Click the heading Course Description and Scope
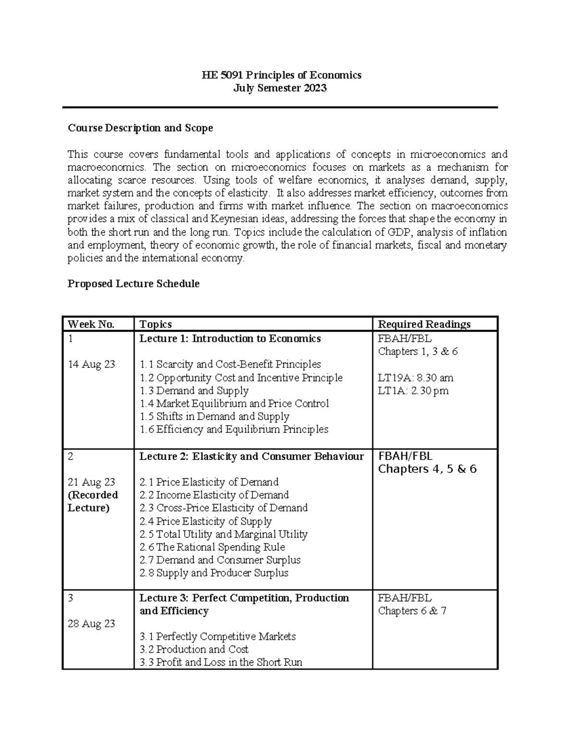(140, 128)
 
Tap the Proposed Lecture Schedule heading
(133, 284)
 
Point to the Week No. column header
(91, 324)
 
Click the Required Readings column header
(424, 324)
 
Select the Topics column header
(156, 324)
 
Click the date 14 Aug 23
(91, 365)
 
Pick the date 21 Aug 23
(91, 482)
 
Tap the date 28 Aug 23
(91, 624)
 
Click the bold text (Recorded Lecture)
(93, 501)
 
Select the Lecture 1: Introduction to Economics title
(230, 339)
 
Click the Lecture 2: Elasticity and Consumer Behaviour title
(252, 456)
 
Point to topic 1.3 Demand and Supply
(194, 390)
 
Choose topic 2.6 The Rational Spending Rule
(212, 547)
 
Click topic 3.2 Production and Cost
(194, 650)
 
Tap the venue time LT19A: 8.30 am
(416, 378)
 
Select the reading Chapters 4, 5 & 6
(427, 469)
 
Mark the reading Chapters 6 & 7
(412, 611)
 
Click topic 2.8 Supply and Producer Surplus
(214, 573)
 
